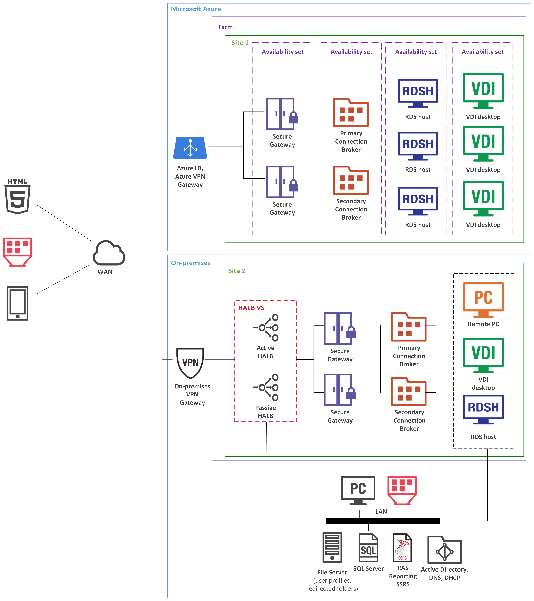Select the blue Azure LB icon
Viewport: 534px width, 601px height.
click(190, 148)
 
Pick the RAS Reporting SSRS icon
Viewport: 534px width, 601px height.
click(402, 547)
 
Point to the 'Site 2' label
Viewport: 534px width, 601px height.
click(237, 271)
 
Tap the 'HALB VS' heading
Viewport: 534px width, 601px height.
click(251, 308)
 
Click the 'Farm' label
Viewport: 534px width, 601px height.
click(225, 27)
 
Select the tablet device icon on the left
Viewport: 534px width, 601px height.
click(18, 303)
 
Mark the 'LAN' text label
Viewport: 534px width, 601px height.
click(381, 511)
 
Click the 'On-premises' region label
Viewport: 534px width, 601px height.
click(191, 263)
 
